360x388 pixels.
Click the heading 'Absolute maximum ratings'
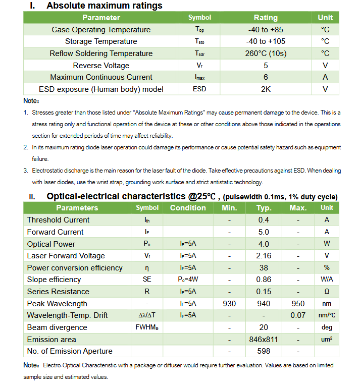point(104,6)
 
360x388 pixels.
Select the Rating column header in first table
point(266,18)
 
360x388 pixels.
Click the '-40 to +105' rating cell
point(266,41)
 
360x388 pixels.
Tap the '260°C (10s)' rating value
point(266,53)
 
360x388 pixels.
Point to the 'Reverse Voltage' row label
point(101,66)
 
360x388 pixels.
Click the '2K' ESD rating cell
point(266,89)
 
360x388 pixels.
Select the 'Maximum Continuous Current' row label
point(101,77)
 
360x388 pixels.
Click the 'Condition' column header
point(188,208)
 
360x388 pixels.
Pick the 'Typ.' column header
point(264,208)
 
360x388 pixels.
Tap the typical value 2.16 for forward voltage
point(264,256)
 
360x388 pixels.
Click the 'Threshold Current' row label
point(58,220)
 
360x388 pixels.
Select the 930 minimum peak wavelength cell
point(229,304)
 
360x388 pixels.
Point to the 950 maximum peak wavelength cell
point(298,304)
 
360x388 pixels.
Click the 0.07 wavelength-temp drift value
point(298,315)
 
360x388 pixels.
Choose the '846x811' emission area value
point(264,340)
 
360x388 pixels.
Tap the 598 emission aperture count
point(264,351)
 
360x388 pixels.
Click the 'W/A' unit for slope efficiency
point(327,280)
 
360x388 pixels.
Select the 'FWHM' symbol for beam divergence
point(147,327)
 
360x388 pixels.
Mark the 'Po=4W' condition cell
point(188,280)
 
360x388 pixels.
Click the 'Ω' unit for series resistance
point(327,292)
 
